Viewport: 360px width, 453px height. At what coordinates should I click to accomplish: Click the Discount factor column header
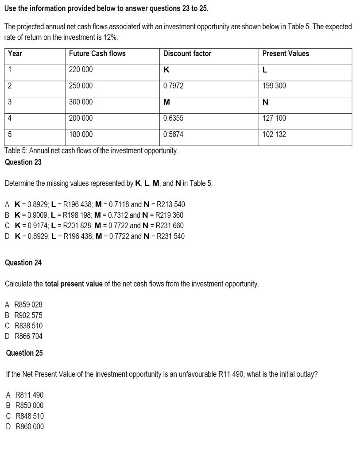tap(187, 54)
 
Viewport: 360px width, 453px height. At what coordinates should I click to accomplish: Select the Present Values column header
tap(286, 54)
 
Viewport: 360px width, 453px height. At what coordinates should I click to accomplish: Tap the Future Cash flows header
tap(97, 54)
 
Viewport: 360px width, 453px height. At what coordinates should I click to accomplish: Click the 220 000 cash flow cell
tap(81, 70)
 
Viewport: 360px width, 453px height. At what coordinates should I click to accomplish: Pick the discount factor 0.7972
tap(173, 86)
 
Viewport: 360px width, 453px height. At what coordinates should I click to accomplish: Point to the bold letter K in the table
tap(166, 70)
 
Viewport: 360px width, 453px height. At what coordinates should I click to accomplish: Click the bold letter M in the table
tap(166, 102)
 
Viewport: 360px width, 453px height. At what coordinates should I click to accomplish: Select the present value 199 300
tap(274, 86)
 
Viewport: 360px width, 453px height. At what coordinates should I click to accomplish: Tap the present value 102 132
tap(274, 134)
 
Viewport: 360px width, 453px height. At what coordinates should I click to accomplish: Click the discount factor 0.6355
tap(173, 118)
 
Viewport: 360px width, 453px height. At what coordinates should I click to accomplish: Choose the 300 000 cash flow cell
tap(81, 102)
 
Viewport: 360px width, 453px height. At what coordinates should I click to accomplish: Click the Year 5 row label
tap(10, 134)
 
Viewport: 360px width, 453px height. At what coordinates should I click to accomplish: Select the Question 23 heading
tap(23, 162)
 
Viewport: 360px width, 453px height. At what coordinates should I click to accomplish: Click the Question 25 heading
tap(24, 353)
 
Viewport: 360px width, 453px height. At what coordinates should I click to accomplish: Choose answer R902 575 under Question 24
tap(28, 315)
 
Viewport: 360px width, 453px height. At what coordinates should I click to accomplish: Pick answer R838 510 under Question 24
tap(28, 326)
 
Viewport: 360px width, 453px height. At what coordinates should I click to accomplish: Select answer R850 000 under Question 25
tap(29, 405)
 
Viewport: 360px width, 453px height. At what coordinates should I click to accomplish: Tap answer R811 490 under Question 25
tap(29, 395)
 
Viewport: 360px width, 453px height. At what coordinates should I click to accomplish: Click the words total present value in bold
tap(74, 284)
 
